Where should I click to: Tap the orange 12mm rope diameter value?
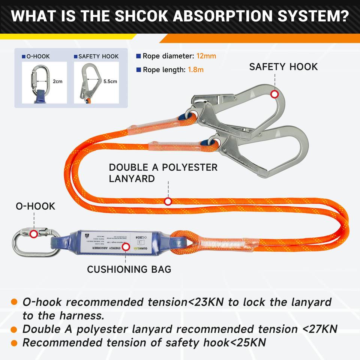coord(206,56)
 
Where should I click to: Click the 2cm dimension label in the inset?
coord(57,81)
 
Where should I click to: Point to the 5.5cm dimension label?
coord(110,81)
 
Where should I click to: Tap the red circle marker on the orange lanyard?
coord(168,201)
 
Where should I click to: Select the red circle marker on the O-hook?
coord(34,234)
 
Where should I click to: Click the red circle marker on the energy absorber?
coord(126,246)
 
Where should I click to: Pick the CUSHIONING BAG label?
coord(129,269)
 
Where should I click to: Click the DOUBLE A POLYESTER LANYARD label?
coord(163,173)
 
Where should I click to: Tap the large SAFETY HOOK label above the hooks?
coord(283,67)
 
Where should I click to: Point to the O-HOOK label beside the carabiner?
coord(35,206)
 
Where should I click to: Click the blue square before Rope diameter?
coord(139,56)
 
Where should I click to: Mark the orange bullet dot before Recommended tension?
coord(14,343)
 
